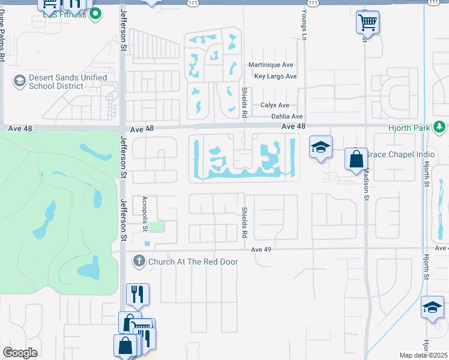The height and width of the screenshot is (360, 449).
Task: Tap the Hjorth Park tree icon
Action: tap(440, 127)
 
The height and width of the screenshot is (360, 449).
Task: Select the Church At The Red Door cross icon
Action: tap(139, 261)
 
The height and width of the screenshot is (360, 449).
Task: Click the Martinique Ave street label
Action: tap(271, 65)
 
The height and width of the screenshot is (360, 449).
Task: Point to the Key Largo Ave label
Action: tap(276, 76)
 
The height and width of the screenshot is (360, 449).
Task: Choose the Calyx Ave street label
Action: tap(275, 105)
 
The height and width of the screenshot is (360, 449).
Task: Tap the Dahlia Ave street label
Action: tap(287, 116)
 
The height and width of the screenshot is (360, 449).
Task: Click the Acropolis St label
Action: tap(145, 213)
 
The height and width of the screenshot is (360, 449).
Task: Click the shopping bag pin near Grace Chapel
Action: tap(356, 159)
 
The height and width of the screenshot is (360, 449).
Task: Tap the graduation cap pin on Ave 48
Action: tap(321, 147)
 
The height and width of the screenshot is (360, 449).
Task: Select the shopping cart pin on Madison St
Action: tap(367, 23)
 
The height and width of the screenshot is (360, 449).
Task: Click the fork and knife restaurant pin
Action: tap(137, 294)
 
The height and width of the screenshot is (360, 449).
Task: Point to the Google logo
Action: tap(20, 353)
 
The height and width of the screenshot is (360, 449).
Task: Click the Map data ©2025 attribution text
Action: tap(424, 355)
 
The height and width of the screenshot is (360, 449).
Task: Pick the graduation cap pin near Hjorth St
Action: tap(432, 308)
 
